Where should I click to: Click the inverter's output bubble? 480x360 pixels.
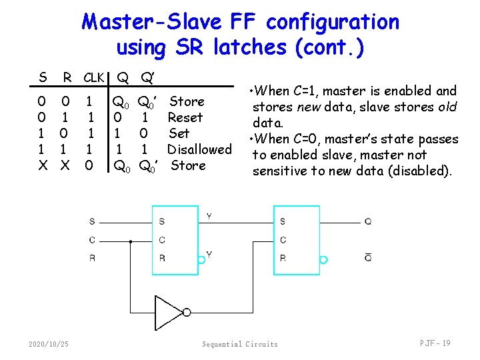(x=187, y=312)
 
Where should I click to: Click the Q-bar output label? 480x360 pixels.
(x=367, y=258)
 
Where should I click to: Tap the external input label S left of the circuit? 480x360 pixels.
(x=92, y=222)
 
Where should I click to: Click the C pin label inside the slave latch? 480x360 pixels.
(x=283, y=240)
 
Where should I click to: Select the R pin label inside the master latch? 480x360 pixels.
(x=162, y=258)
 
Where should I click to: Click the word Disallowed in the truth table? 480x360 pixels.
(x=199, y=149)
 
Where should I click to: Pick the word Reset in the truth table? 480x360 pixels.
(x=185, y=117)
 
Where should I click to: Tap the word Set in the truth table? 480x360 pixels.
(x=179, y=133)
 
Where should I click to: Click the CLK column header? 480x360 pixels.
(x=94, y=78)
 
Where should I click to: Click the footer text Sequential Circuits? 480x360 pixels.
(x=240, y=344)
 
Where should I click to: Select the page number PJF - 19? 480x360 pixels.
(x=435, y=343)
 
